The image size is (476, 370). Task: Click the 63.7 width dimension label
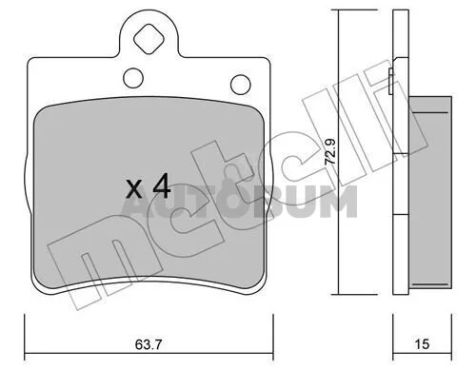[149, 344]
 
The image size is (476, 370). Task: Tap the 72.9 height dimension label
[330, 152]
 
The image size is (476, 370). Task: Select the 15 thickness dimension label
[422, 344]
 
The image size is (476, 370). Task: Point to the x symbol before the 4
[133, 189]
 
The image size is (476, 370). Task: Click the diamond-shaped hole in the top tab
[149, 39]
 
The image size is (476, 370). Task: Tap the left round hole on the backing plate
[133, 78]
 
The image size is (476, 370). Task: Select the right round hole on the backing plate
[241, 85]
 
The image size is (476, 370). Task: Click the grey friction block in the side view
[430, 192]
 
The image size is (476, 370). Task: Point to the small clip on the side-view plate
[391, 81]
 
